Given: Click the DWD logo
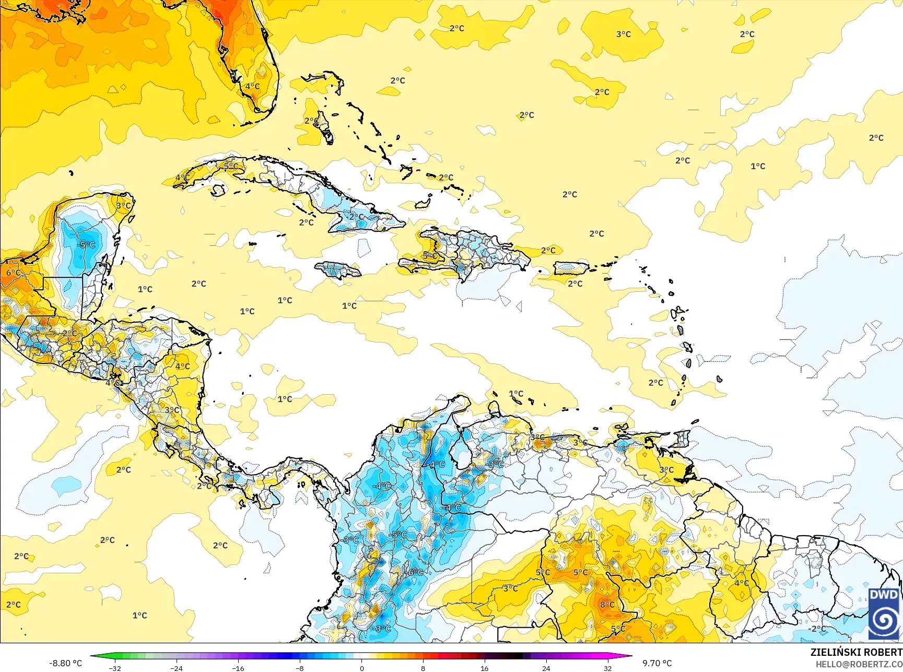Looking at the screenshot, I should point(884,614).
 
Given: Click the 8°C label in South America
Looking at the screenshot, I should point(607,605).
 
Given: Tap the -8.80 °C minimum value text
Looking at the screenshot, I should point(65,663).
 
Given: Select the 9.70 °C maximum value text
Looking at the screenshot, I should point(657,663).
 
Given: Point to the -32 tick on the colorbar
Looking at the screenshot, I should point(115,668).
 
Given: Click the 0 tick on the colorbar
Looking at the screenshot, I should point(361,668).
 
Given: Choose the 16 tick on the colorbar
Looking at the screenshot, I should point(484,668).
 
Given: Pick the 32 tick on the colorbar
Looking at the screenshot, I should point(607,668).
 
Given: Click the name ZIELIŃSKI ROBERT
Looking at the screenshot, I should point(856,652).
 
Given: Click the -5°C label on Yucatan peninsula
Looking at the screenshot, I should point(86,245).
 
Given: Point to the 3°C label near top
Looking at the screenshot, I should point(623,34).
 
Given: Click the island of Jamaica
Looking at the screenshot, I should point(338,270).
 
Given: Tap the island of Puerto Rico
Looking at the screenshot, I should point(571,267).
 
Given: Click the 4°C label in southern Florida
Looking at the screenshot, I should point(252,86).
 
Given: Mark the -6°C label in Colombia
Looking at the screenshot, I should point(415,572).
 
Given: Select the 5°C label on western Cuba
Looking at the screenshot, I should point(230,166).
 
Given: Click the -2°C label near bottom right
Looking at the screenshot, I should point(818,629).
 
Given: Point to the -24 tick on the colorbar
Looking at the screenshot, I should point(177,668).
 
